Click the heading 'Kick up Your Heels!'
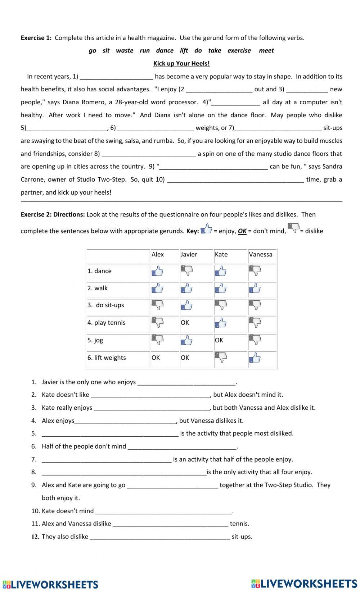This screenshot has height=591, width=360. pyautogui.click(x=181, y=64)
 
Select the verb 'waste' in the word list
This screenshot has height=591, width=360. pyautogui.click(x=125, y=51)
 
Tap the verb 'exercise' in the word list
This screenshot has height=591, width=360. pyautogui.click(x=239, y=51)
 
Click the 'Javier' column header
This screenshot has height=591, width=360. pyautogui.click(x=189, y=255)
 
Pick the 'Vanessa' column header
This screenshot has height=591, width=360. pyautogui.click(x=260, y=255)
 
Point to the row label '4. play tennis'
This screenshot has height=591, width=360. pyautogui.click(x=106, y=323)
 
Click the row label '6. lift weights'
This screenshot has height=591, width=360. pyautogui.click(x=107, y=358)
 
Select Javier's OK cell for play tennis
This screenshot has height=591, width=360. pyautogui.click(x=185, y=323)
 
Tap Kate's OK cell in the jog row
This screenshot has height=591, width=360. pyautogui.click(x=219, y=340)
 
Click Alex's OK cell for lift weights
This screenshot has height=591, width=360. pyautogui.click(x=156, y=358)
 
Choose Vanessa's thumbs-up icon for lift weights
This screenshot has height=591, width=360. pyautogui.click(x=255, y=358)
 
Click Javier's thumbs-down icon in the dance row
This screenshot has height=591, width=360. pyautogui.click(x=186, y=271)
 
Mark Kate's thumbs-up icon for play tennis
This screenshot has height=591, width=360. pyautogui.click(x=221, y=323)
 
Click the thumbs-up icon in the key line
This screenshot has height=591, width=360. pyautogui.click(x=206, y=229)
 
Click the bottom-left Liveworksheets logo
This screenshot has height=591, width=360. pyautogui.click(x=50, y=584)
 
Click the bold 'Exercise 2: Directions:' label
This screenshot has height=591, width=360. pyautogui.click(x=53, y=215)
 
